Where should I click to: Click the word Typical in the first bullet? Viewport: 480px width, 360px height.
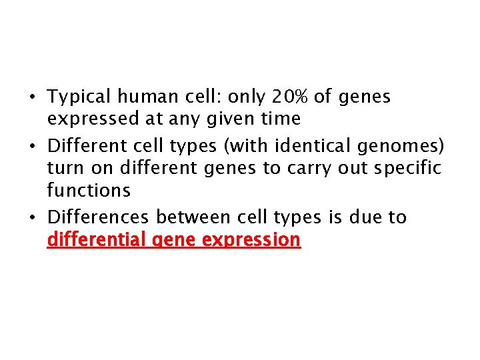79,97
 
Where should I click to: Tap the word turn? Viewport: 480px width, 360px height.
64,168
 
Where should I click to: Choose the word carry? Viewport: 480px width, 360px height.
313,169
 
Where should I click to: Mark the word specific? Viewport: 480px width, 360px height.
408,169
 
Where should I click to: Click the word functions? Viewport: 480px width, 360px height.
89,191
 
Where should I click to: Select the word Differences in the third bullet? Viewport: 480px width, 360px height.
99,217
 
